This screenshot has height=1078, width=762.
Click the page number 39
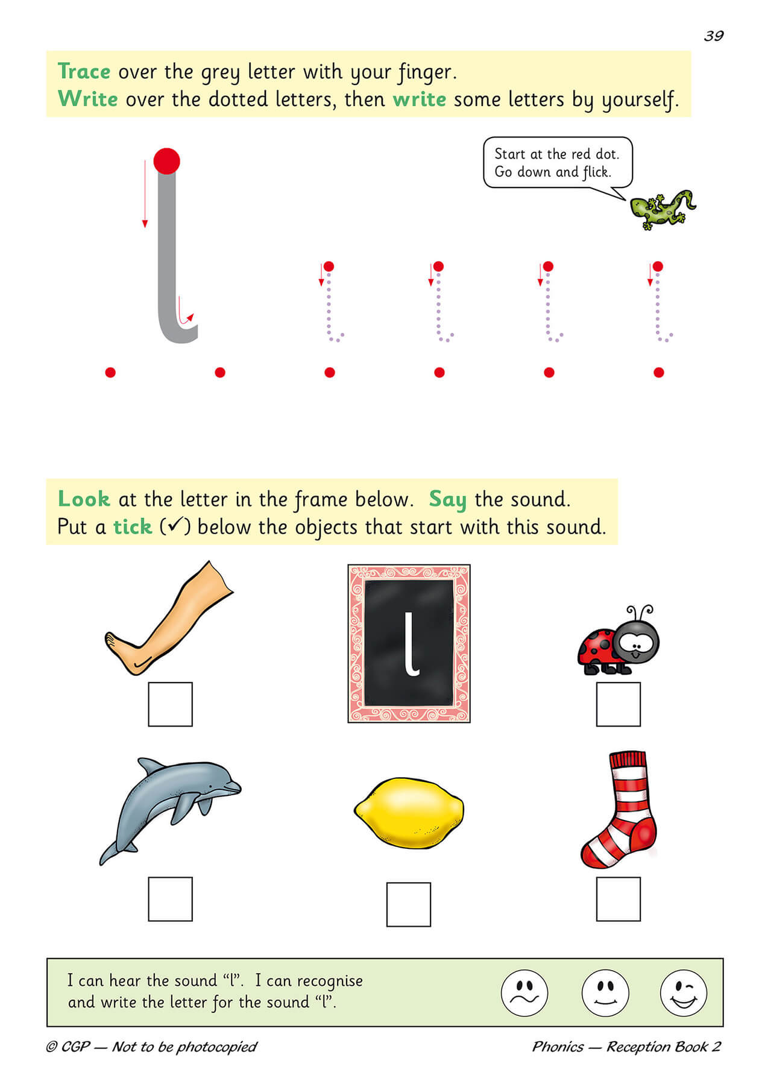pos(713,36)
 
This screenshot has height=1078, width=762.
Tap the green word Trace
pos(84,72)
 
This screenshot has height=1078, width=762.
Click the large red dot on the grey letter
pos(166,161)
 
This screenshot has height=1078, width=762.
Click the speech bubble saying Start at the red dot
pos(557,163)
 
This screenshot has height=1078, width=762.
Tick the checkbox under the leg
pos(170,704)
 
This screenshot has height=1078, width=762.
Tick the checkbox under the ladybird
pos(618,704)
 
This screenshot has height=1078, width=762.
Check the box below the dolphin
pos(170,899)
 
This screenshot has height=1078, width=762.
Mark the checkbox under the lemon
pos(408,904)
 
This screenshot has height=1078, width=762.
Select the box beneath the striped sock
pos(618,899)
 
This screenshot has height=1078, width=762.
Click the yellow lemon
pos(409,813)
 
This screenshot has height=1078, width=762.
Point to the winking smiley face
pos(683,993)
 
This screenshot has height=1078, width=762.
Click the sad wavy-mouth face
pos(524,993)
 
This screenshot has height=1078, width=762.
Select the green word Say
pos(447,500)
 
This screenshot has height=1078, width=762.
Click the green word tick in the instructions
pos(132,527)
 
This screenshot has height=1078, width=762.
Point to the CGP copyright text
pos(151,1047)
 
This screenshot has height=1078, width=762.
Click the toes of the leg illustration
pos(112,641)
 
